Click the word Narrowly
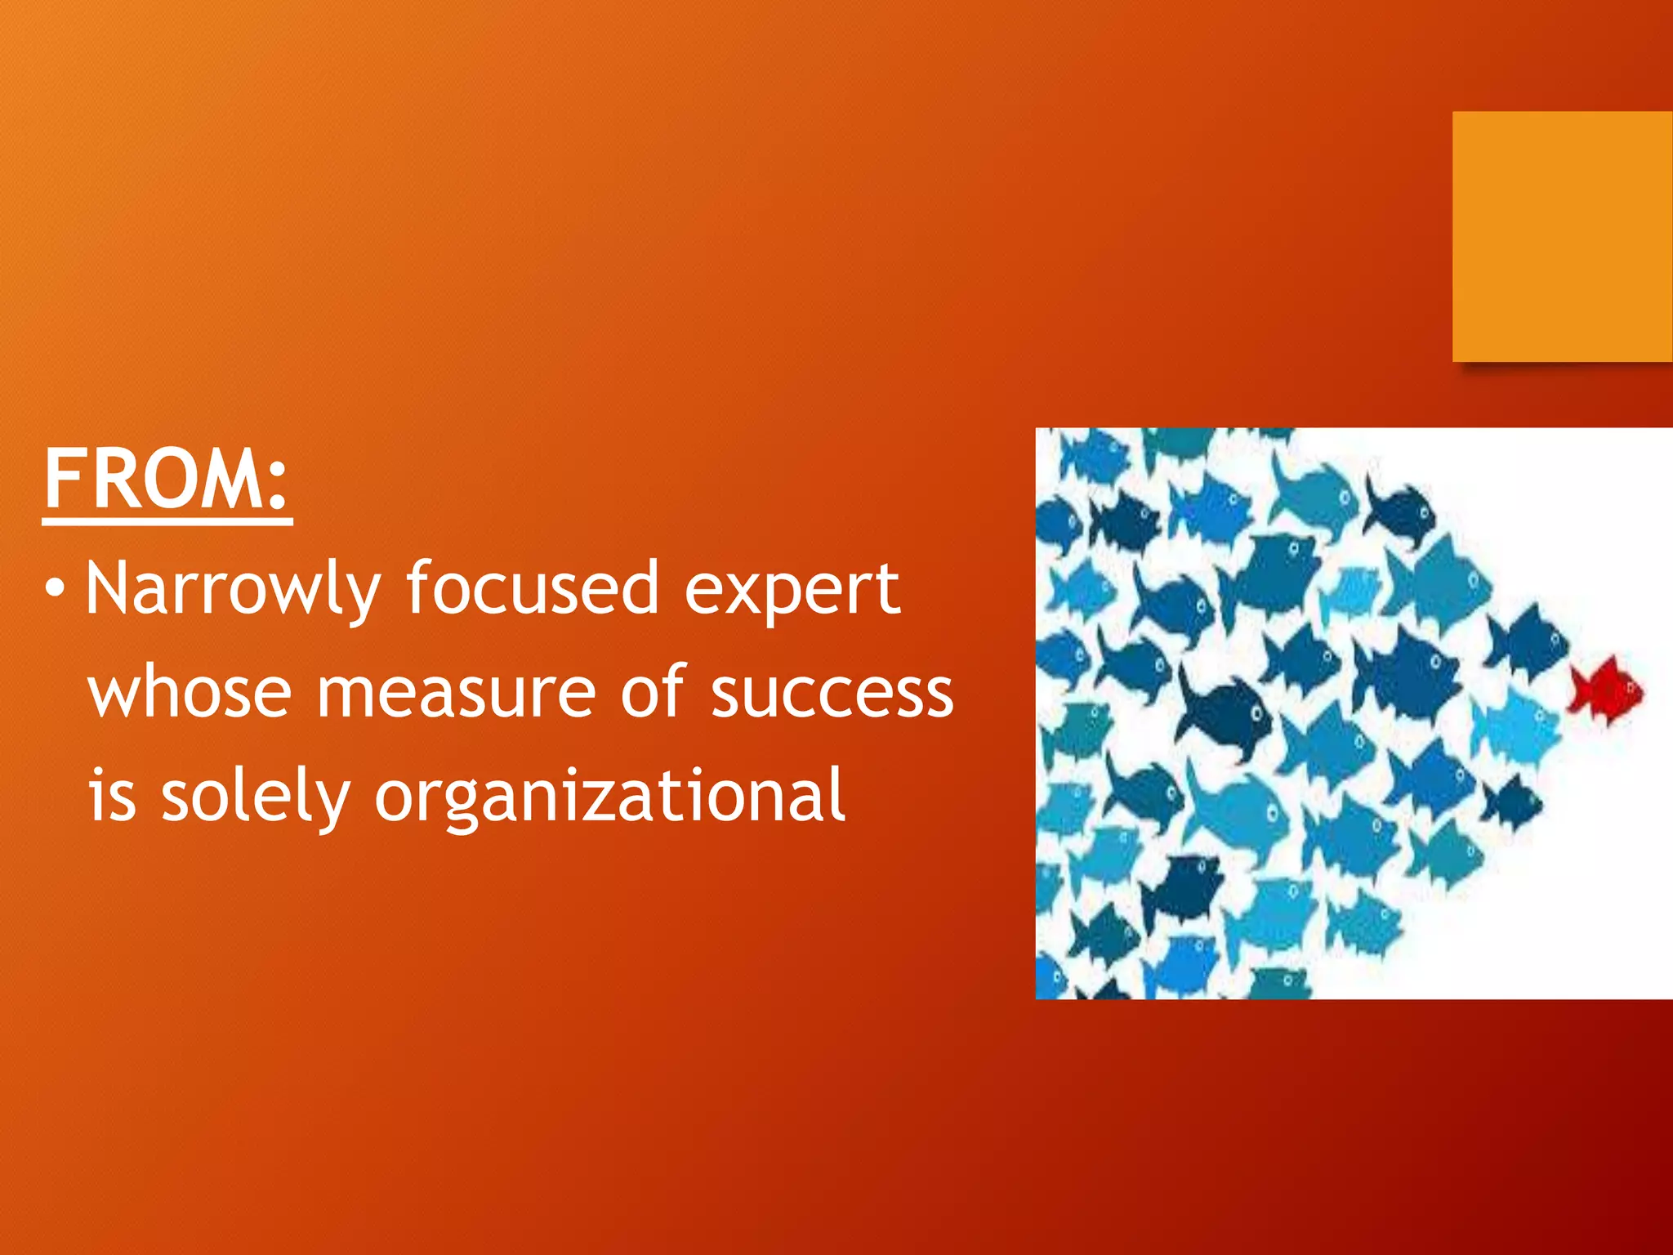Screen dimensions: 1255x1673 pyautogui.click(x=234, y=588)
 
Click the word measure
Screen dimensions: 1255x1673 pyautogui.click(x=456, y=693)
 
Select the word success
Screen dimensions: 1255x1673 pyautogui.click(x=832, y=693)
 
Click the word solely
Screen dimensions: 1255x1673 pyautogui.click(x=255, y=797)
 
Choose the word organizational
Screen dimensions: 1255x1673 pyautogui.click(x=609, y=797)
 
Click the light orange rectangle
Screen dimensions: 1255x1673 pyautogui.click(x=1562, y=237)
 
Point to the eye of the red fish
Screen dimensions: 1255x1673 pyautogui.click(x=1631, y=690)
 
